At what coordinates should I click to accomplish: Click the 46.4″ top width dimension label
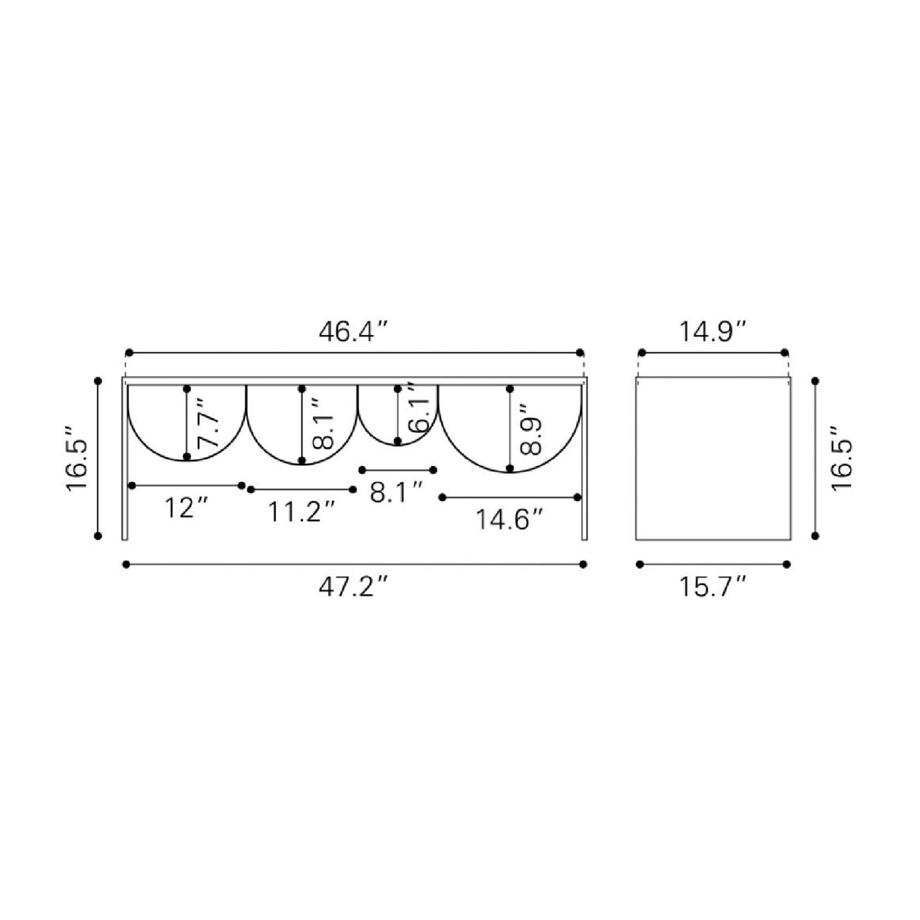(353, 332)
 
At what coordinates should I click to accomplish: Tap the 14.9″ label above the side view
(712, 332)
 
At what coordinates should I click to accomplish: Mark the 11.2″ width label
(302, 512)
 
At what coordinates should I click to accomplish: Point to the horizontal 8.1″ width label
(396, 493)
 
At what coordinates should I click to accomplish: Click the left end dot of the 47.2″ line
(126, 564)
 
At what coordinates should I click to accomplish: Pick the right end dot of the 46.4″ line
(580, 352)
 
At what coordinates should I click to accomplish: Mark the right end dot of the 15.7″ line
(787, 564)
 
